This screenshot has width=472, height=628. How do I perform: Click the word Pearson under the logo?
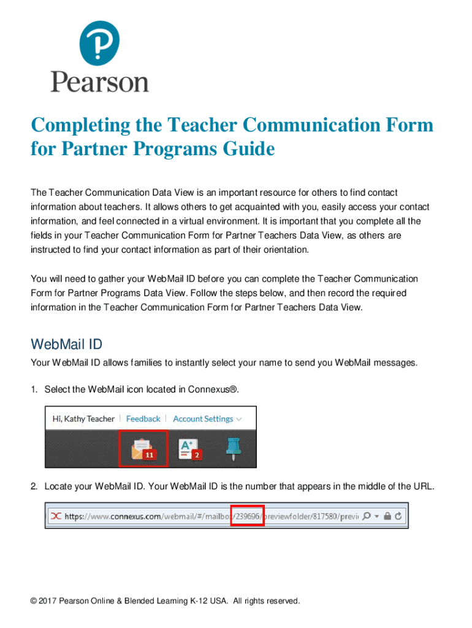click(99, 82)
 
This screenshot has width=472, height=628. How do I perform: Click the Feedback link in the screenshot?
click(143, 419)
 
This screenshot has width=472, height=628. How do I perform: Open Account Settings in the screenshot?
click(203, 419)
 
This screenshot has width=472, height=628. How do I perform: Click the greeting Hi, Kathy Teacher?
click(84, 419)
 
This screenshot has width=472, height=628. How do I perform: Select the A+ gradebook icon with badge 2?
click(188, 449)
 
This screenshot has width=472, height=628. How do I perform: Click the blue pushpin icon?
click(233, 449)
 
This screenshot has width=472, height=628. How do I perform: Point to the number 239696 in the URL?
click(246, 516)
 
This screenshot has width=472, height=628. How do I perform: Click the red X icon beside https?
click(55, 516)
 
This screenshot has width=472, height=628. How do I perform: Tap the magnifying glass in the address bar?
click(367, 516)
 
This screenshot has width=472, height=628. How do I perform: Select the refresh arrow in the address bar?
click(398, 516)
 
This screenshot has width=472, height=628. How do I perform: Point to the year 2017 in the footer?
click(48, 601)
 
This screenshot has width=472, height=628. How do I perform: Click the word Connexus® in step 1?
click(214, 389)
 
